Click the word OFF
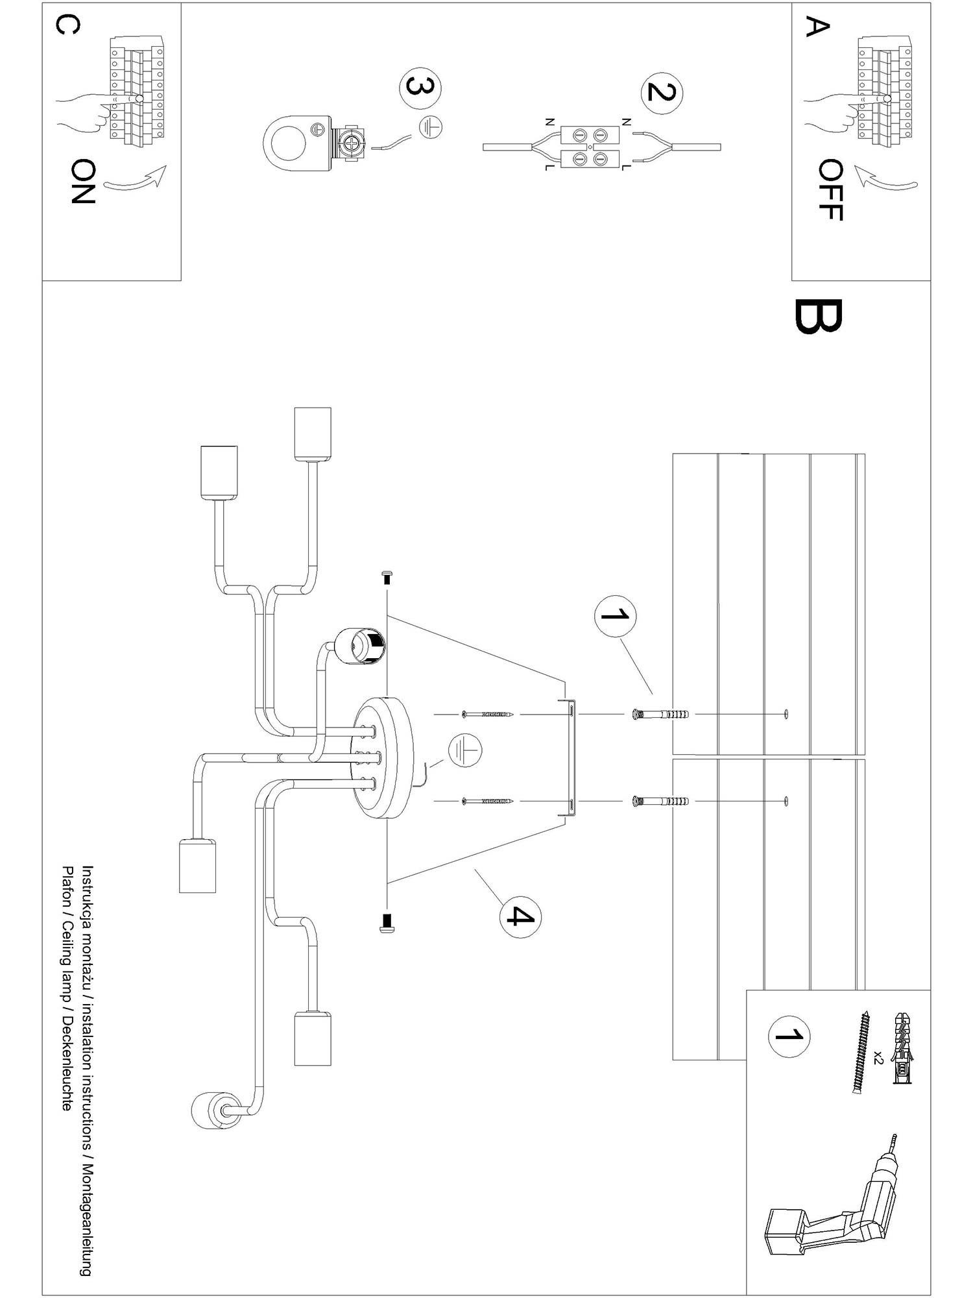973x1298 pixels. pyautogui.click(x=830, y=190)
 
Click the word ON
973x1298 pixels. pyautogui.click(x=82, y=182)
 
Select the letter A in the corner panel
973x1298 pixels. pyautogui.click(x=817, y=27)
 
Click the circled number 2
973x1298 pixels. pyautogui.click(x=661, y=92)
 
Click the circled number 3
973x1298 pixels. pyautogui.click(x=420, y=88)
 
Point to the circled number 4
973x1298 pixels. pyautogui.click(x=520, y=917)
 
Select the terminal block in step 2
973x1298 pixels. pyautogui.click(x=589, y=147)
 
